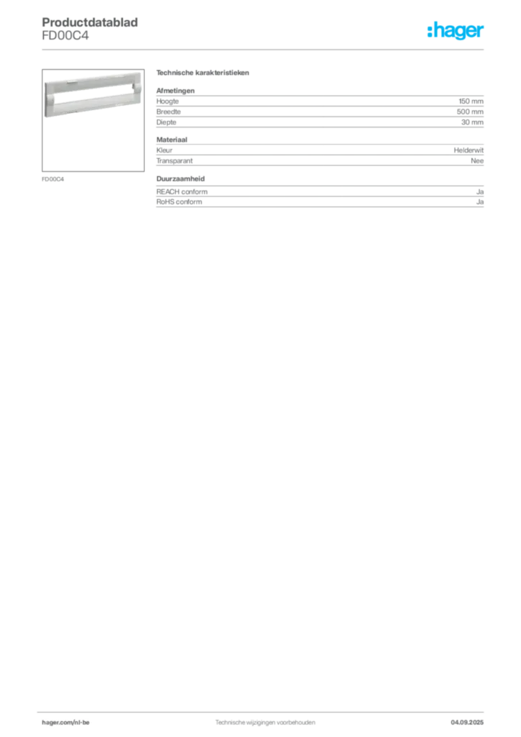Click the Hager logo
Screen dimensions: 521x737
456,31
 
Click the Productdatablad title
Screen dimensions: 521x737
90,22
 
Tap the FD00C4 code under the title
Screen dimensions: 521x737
65,36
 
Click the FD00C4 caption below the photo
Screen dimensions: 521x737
53,179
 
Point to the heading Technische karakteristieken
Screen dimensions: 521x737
202,73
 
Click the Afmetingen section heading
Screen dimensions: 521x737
176,91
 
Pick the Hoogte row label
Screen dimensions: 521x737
167,101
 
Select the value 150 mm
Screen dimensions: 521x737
471,101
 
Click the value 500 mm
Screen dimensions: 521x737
470,112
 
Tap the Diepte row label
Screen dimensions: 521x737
166,122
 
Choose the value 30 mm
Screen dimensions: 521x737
472,122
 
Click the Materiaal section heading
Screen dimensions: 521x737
172,140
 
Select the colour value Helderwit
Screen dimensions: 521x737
468,150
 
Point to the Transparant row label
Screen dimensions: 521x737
174,160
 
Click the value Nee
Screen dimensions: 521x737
477,160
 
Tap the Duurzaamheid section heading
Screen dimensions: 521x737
181,178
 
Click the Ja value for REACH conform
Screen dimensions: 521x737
480,191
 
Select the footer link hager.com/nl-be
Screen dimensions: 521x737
65,723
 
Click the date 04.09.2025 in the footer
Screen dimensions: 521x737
467,723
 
